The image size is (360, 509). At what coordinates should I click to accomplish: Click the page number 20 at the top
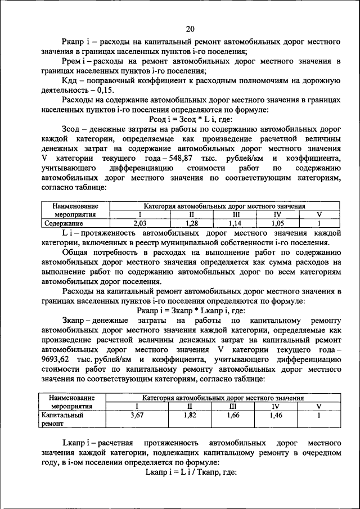pyautogui.click(x=190, y=29)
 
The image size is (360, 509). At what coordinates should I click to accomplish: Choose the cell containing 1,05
pyautogui.click(x=276, y=223)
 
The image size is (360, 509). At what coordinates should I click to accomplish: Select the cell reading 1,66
pyautogui.click(x=233, y=415)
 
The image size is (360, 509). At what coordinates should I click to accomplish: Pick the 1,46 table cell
pyautogui.click(x=276, y=415)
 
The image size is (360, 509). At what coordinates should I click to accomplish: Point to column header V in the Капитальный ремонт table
pyautogui.click(x=318, y=407)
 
